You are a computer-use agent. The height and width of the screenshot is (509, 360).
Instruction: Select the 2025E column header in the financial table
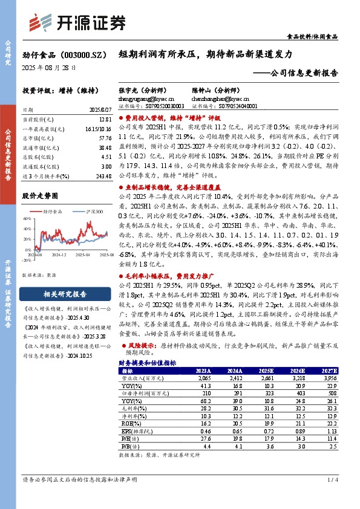click(x=265, y=371)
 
